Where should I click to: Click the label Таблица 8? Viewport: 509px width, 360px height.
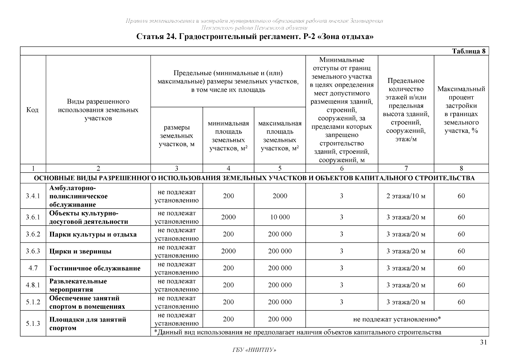pos(469,51)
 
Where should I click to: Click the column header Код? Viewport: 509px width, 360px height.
pos(32,110)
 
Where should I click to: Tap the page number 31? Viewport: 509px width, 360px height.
pos(483,343)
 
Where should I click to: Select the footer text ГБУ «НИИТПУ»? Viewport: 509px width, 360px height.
pos(254,350)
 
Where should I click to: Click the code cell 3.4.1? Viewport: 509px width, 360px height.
pos(33,196)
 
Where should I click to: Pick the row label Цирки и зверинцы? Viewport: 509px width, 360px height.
pos(80,251)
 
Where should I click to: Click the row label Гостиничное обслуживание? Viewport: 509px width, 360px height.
pos(95,268)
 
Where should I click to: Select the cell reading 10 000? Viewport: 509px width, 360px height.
pos(280,217)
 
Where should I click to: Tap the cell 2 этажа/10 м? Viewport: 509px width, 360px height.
pos(406,196)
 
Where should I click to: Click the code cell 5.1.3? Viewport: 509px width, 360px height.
pos(33,323)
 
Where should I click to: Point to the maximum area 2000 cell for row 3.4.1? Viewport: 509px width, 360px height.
pos(280,196)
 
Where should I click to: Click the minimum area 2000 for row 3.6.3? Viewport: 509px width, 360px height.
pos(228,251)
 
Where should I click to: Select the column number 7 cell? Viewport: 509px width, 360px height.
pos(406,168)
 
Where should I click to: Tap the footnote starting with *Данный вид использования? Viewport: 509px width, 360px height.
pos(298,332)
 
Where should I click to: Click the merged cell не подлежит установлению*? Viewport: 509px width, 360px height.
pos(397,319)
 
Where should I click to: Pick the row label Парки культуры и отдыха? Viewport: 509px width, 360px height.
pos(93,234)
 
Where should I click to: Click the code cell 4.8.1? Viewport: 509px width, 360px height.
pos(33,285)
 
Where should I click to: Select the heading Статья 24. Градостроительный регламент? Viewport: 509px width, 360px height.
pos(255,37)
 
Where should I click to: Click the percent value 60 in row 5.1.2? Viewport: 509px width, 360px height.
pos(461,302)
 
